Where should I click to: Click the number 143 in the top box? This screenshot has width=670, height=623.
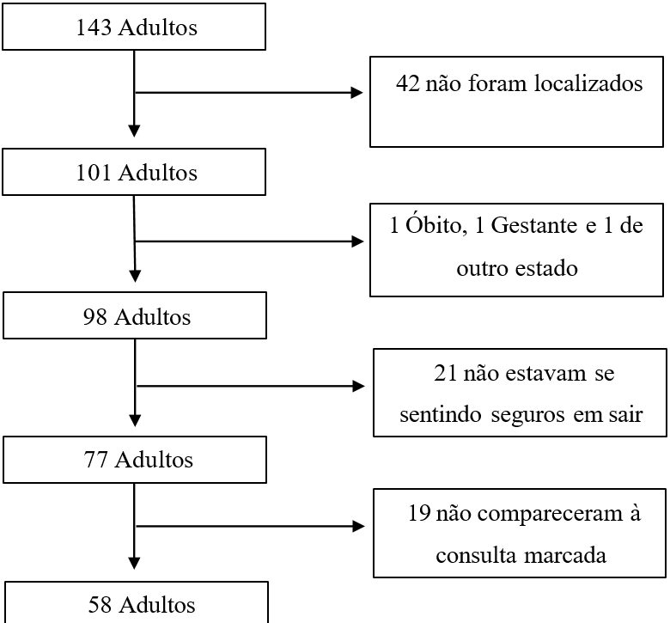pos(94,27)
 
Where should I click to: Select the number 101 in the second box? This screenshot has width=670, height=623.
pos(94,173)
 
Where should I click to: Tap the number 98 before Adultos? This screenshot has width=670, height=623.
pos(94,317)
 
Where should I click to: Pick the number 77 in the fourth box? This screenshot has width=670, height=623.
pos(95,460)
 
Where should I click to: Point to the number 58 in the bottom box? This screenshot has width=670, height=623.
pos(100,605)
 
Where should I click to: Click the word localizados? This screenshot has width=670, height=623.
pos(588,83)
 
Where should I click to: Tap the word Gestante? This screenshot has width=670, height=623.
pos(533,225)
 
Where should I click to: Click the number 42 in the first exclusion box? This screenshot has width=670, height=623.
pos(408,83)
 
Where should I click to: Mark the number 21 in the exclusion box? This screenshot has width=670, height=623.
pos(446,373)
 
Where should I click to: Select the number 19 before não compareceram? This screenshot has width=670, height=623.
pos(419,513)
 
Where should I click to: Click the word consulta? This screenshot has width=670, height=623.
pos(476,555)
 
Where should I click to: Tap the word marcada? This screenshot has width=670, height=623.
pos(565,555)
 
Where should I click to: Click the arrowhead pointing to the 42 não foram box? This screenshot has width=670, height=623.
pos(356,92)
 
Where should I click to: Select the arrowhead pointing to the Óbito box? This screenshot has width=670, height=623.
pos(357,241)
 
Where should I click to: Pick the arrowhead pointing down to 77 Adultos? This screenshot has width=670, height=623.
pos(135,421)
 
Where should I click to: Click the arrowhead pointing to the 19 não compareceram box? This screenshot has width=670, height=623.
pos(358,526)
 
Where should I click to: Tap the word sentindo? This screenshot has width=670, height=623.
pos(441,415)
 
